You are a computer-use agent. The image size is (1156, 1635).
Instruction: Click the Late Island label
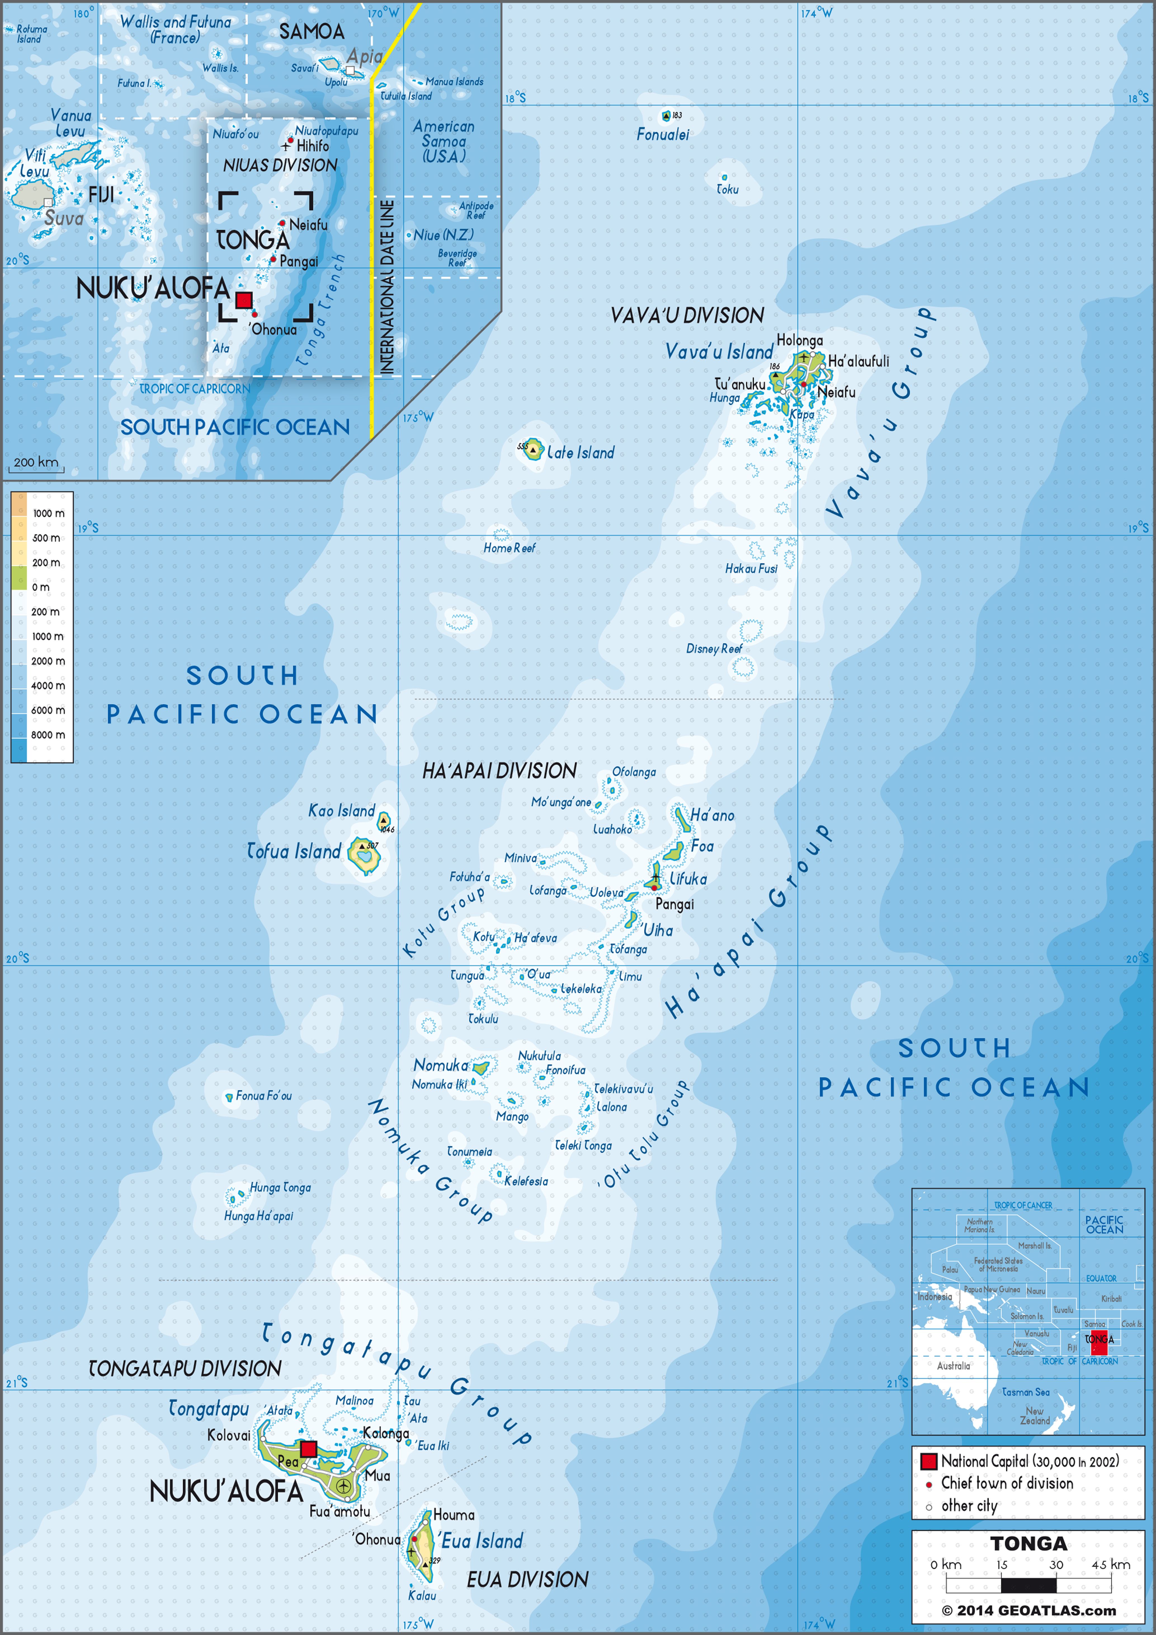point(580,453)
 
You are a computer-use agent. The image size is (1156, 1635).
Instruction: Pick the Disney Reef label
point(713,649)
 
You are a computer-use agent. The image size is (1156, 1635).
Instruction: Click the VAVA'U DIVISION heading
point(687,315)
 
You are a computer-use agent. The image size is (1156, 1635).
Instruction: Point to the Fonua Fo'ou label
point(263,1096)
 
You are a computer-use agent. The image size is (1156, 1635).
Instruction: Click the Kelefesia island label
point(526,1181)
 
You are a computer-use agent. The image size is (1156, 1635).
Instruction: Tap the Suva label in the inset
point(63,219)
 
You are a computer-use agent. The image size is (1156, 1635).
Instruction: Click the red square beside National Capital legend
point(928,1461)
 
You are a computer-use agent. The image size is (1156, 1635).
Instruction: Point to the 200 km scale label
point(36,462)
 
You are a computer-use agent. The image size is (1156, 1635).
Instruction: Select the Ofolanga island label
point(634,772)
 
